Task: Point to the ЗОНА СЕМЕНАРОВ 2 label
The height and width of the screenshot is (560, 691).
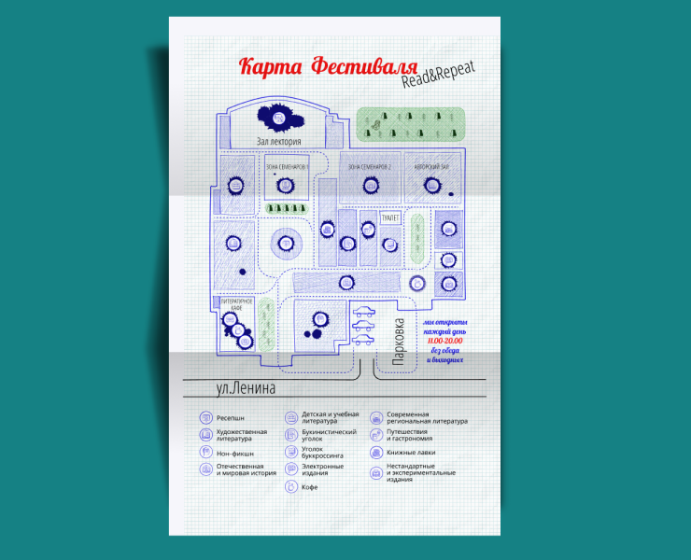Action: (369, 167)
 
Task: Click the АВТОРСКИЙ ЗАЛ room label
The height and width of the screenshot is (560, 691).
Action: (432, 167)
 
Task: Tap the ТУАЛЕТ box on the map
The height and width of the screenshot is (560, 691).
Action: (390, 217)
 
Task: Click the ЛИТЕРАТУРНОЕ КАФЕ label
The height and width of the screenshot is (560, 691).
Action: (237, 305)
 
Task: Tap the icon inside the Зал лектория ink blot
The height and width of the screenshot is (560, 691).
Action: (278, 118)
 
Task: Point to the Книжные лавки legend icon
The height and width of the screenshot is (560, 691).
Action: (376, 453)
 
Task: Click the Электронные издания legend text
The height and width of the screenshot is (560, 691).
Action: (322, 469)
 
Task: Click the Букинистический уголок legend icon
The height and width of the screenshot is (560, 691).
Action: (290, 436)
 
